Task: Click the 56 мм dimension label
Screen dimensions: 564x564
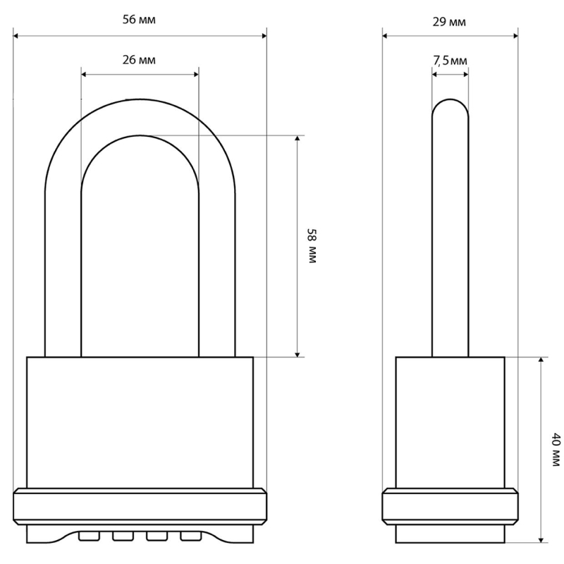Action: point(139,20)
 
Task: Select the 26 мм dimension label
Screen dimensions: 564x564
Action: point(139,60)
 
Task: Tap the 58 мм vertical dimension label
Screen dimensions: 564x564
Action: point(312,246)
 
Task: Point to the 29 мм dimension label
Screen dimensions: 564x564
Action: point(449,22)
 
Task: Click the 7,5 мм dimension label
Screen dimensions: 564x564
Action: point(450,61)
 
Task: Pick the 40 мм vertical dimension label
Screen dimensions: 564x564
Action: point(556,450)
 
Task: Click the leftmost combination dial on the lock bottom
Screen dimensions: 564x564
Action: point(89,536)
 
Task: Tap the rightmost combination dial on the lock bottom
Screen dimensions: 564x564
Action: point(190,536)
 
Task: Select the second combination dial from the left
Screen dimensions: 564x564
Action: point(123,536)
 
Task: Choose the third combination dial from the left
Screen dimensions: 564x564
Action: point(157,536)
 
